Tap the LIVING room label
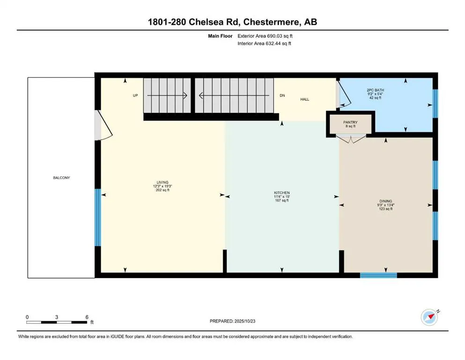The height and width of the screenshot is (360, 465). [162, 182]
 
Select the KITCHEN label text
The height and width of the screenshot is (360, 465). [281, 193]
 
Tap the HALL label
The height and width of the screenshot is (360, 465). [305, 99]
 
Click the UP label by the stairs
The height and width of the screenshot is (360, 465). [135, 95]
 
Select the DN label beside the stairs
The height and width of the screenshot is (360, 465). [282, 95]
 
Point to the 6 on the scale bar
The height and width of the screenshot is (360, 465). [87, 317]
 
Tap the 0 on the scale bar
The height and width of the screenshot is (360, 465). [27, 317]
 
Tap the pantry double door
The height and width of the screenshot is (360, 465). [350, 138]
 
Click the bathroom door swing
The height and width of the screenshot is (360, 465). [343, 93]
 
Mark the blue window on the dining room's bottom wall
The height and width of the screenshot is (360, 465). [378, 275]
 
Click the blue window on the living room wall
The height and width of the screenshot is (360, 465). [98, 217]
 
